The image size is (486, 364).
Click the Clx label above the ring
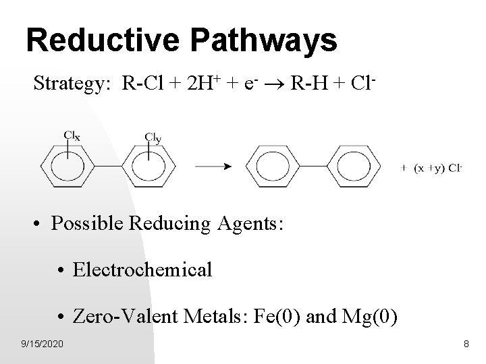[72, 135]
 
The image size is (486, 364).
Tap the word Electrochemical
[142, 270]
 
